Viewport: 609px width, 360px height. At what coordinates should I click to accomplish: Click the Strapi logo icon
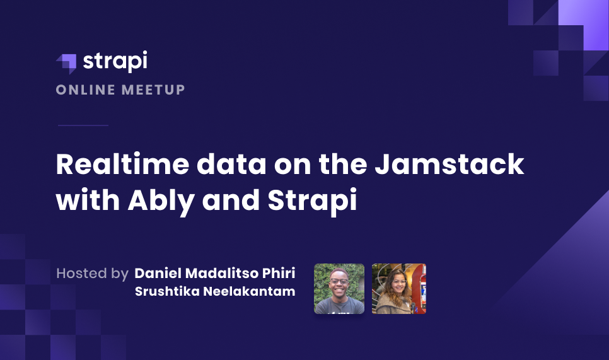click(x=67, y=62)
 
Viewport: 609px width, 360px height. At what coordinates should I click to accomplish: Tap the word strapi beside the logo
click(x=115, y=62)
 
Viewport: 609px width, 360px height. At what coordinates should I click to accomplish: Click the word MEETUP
click(x=153, y=90)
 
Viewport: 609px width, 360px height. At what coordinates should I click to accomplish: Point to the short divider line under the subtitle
click(x=83, y=125)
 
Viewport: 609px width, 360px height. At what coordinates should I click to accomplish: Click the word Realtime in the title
click(x=120, y=165)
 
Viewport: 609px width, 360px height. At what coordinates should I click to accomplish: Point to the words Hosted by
click(x=92, y=273)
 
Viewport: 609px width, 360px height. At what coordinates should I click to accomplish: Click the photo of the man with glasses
click(x=339, y=289)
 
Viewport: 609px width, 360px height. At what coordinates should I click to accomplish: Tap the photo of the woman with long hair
click(x=399, y=289)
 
